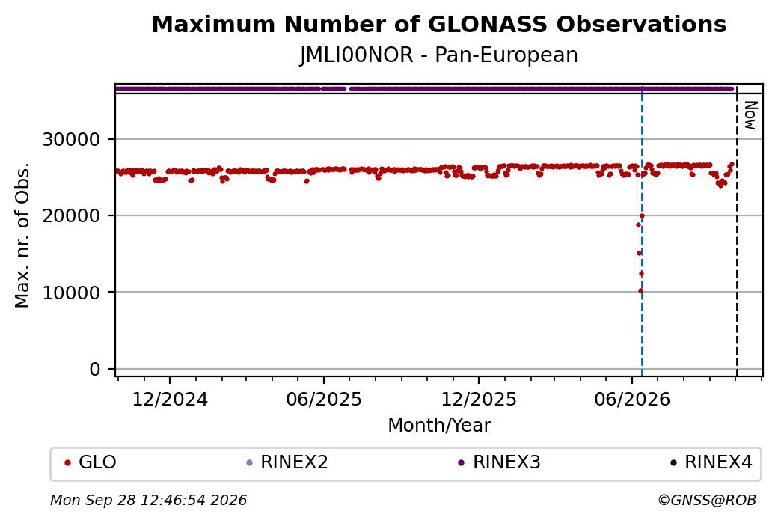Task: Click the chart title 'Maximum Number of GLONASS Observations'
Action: [438, 24]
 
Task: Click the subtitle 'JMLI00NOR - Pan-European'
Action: [438, 55]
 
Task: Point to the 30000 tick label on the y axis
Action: [72, 139]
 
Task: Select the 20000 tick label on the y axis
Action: [72, 215]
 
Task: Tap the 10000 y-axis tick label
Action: [72, 293]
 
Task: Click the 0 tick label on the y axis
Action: [95, 369]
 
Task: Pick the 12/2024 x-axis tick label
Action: [170, 399]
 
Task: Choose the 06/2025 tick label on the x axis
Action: [324, 399]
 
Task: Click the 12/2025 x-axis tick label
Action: [479, 399]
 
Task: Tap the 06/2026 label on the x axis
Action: [632, 399]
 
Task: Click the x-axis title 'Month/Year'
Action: [439, 425]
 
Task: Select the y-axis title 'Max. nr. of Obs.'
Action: [22, 235]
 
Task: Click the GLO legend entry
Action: [91, 462]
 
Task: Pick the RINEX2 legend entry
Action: [287, 462]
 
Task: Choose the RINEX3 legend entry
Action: [499, 462]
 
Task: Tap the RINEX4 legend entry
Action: [711, 462]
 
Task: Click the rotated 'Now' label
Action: [751, 115]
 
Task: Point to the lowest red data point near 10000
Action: [640, 291]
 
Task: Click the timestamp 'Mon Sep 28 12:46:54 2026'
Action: [148, 500]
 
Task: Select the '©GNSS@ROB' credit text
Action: [707, 500]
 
